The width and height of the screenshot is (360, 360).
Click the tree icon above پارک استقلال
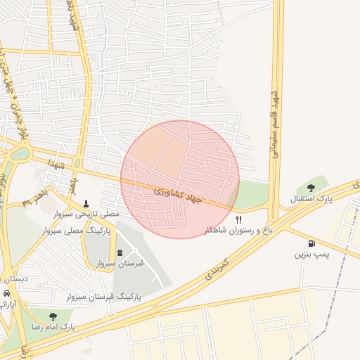[x=311, y=187]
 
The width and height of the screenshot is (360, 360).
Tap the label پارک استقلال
[x=311, y=199]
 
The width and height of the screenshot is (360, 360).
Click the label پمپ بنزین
[x=311, y=253]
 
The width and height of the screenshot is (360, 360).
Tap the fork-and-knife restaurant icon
[x=238, y=219]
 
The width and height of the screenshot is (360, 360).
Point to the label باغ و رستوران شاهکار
[x=238, y=230]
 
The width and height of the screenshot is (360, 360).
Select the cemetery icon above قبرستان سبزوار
[x=119, y=252]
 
